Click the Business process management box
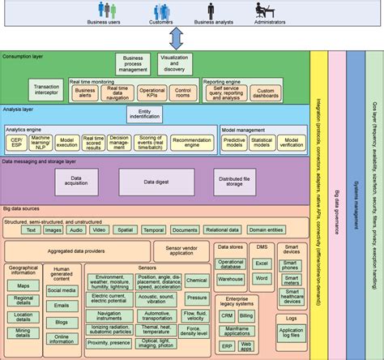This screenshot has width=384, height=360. tap(133, 63)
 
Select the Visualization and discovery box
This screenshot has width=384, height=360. tap(174, 63)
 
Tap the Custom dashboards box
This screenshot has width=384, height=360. tap(265, 93)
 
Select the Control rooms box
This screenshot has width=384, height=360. tap(183, 93)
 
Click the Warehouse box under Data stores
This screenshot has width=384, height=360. tap(230, 280)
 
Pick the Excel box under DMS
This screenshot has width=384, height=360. tap(261, 264)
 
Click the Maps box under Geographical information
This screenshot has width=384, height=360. tap(23, 286)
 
